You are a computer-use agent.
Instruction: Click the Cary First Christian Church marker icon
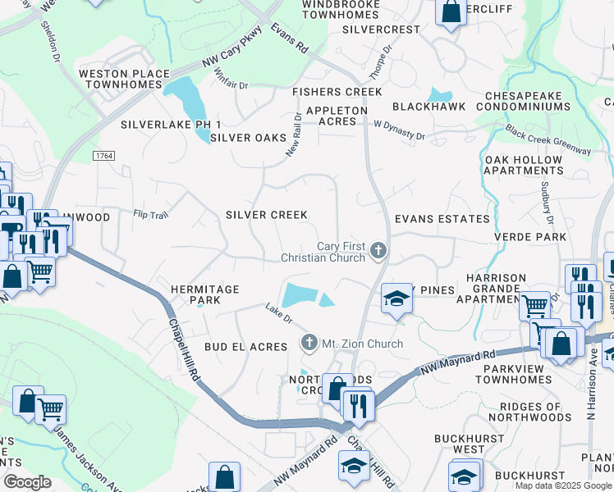click(378, 250)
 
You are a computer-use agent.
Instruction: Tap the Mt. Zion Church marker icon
click(309, 342)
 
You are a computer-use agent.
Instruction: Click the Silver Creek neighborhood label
click(267, 215)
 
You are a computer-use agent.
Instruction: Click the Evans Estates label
click(442, 219)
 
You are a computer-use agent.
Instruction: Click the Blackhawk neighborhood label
click(428, 107)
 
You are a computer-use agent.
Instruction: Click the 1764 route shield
click(103, 155)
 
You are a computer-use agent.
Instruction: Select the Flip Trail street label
click(150, 215)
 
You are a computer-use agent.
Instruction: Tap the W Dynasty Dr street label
click(399, 130)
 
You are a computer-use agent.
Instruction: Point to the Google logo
click(27, 482)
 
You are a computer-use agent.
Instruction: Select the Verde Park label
click(530, 237)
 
